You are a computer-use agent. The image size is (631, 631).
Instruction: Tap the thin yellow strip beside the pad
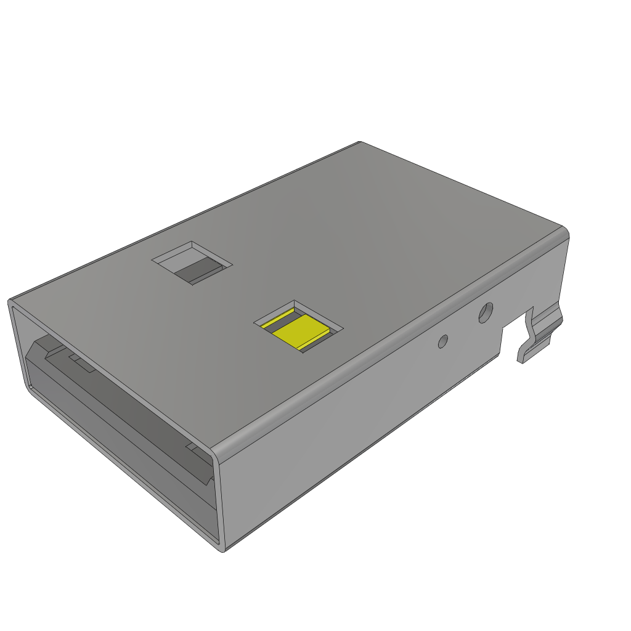click(277, 320)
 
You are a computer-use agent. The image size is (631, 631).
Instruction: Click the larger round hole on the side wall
click(486, 312)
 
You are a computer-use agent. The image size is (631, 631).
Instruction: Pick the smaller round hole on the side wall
click(442, 341)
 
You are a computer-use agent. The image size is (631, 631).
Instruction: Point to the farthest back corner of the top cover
click(360, 142)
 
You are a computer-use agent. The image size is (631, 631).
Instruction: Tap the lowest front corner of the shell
click(222, 549)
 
